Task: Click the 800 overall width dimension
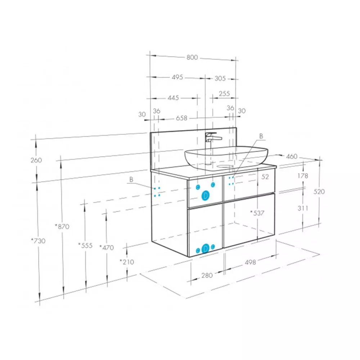coord(192,57)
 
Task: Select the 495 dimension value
coord(177,77)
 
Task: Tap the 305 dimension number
coord(220,78)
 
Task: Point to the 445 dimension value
coord(173,98)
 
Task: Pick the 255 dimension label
coord(224,94)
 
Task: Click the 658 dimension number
coord(181,118)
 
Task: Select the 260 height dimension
coord(36,160)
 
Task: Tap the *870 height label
coord(62,226)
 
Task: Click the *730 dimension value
coord(39,241)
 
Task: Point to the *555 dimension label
coord(85,246)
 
